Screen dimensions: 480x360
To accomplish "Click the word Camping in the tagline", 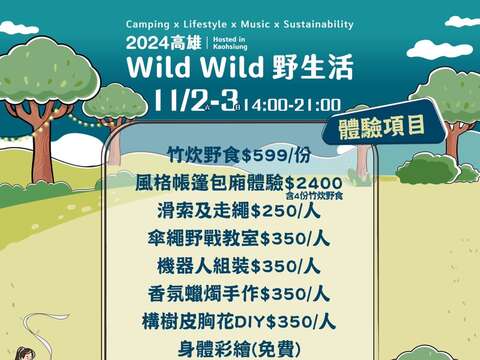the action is pyautogui.click(x=148, y=25).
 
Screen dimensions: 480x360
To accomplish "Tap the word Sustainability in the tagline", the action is pyautogui.click(x=318, y=24).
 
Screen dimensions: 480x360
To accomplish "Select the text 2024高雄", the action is pyautogui.click(x=164, y=43).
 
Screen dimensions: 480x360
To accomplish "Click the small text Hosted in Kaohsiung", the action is pyautogui.click(x=230, y=43).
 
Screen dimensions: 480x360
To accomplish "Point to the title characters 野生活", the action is pyautogui.click(x=312, y=67).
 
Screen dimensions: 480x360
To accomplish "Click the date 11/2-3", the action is pyautogui.click(x=196, y=101).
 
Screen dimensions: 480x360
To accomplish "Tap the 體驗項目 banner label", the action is pyautogui.click(x=382, y=127).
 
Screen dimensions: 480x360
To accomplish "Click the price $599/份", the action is pyautogui.click(x=276, y=155).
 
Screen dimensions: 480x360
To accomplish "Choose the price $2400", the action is pyautogui.click(x=314, y=183).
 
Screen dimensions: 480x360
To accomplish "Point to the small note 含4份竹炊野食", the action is pyautogui.click(x=314, y=196).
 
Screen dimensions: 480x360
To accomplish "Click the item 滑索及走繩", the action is pyautogui.click(x=204, y=211).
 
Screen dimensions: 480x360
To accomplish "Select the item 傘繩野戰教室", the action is pyautogui.click(x=203, y=239).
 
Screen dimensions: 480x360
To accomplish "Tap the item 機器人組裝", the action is pyautogui.click(x=204, y=266).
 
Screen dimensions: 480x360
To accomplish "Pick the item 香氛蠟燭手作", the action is pyautogui.click(x=203, y=294).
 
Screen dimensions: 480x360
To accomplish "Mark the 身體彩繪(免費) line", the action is pyautogui.click(x=239, y=350).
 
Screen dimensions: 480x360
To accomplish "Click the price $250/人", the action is pyautogui.click(x=285, y=211).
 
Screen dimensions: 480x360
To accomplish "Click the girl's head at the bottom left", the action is pyautogui.click(x=24, y=354).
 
